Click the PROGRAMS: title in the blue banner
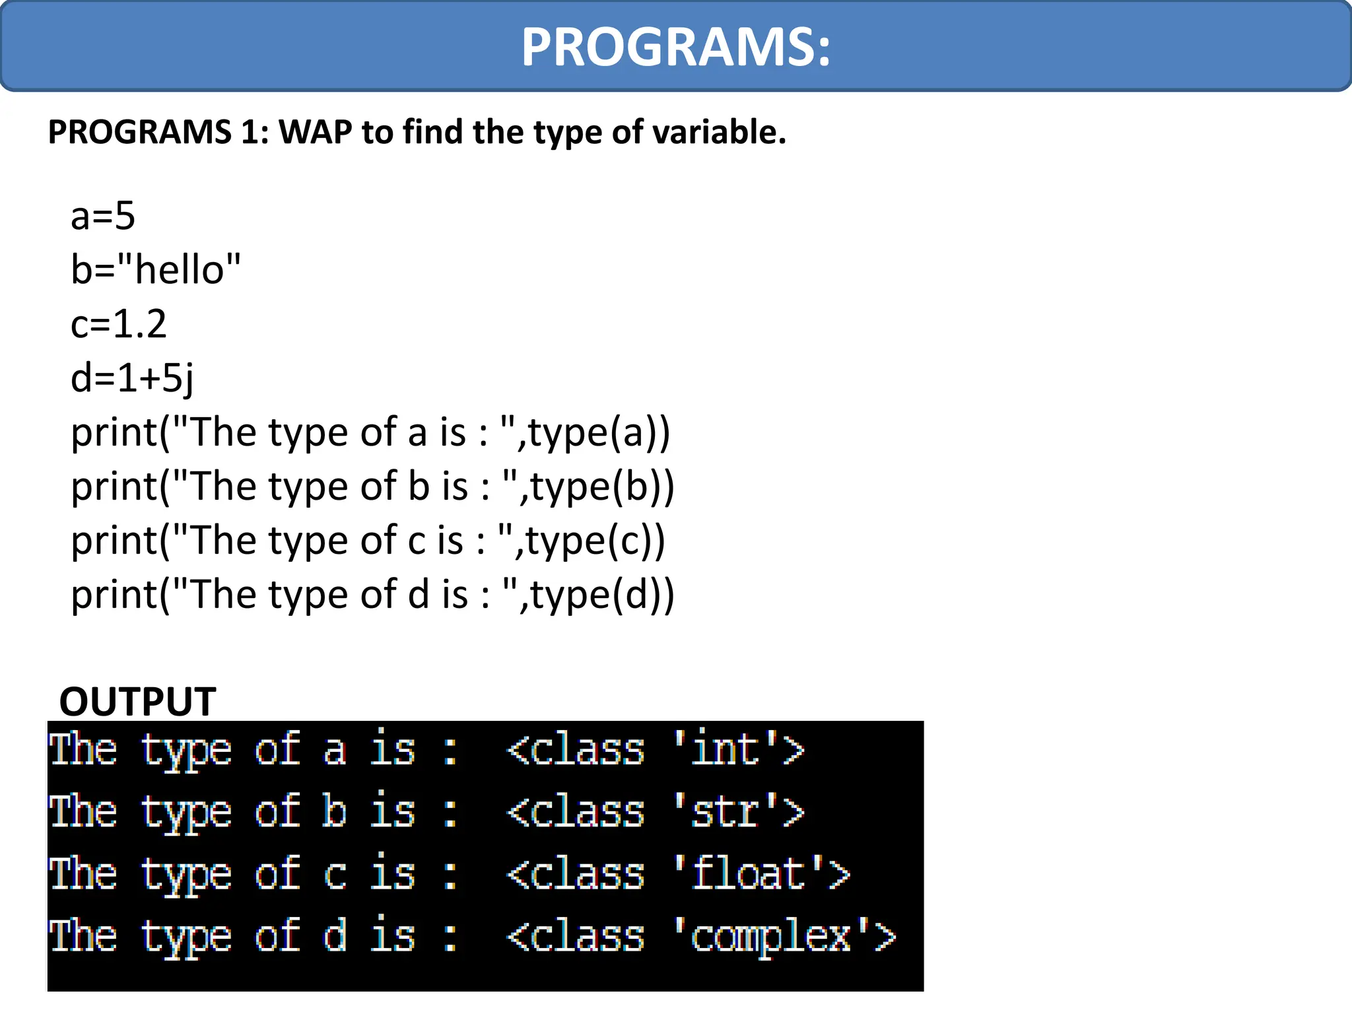click(x=675, y=48)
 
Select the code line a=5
click(x=103, y=216)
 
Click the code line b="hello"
click(x=156, y=270)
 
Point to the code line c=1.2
click(x=119, y=324)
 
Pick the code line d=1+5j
click(x=132, y=379)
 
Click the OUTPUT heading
click(x=137, y=701)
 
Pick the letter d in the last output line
click(x=335, y=935)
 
